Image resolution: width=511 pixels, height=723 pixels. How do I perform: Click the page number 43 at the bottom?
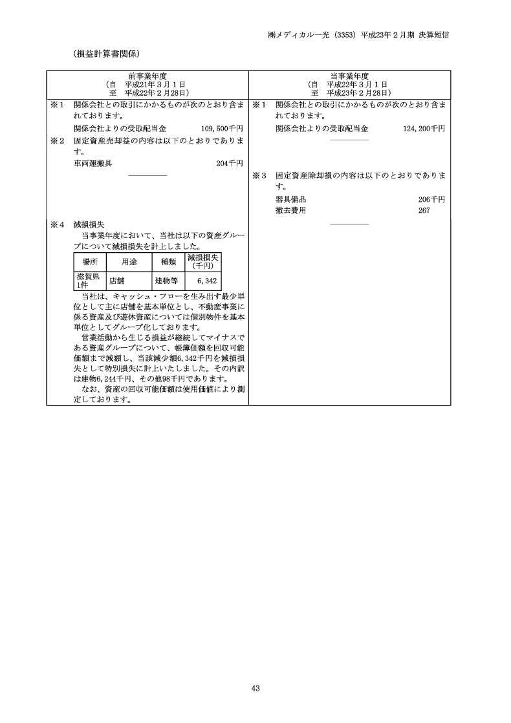point(255,689)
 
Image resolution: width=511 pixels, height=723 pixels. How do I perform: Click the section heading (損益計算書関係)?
point(107,53)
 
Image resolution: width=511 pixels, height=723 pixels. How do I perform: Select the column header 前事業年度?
point(147,76)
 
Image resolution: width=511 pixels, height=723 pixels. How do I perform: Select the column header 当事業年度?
point(349,76)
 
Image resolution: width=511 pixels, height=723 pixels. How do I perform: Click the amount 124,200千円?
point(424,129)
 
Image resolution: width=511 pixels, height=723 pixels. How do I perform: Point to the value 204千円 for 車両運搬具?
point(230,164)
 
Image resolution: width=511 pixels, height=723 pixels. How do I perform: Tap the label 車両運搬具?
point(93,164)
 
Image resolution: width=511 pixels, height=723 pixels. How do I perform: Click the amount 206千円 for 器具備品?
point(431,199)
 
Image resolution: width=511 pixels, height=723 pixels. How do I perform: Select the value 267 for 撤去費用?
point(424,211)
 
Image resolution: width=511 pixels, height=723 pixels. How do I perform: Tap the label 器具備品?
point(290,199)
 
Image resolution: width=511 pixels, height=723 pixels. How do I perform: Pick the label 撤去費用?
point(290,211)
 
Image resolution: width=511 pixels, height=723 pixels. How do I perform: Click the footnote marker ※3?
point(259,175)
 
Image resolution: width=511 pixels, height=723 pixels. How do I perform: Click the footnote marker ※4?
point(58,224)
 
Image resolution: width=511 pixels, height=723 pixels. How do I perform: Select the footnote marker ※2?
point(58,140)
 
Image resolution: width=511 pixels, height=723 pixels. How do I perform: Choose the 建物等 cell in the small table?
point(166,281)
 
